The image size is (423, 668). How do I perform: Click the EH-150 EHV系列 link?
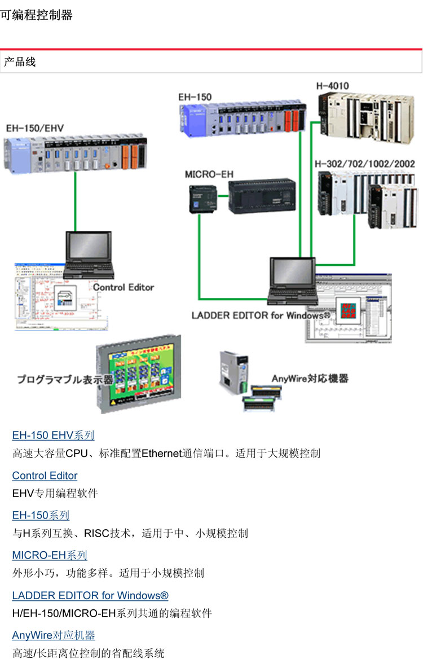click(53, 436)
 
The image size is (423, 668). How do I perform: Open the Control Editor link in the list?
click(45, 476)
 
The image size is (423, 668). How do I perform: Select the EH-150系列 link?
click(41, 515)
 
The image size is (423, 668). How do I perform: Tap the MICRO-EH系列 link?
click(50, 555)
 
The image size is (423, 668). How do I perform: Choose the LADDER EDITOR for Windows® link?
click(90, 595)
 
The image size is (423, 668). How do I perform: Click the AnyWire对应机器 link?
click(54, 635)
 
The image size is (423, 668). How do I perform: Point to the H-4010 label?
click(332, 86)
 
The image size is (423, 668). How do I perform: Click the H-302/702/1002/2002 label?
click(365, 164)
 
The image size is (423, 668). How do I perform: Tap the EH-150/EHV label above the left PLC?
click(35, 128)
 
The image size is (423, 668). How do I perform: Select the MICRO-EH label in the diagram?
click(209, 174)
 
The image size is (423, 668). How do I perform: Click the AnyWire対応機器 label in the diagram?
click(310, 378)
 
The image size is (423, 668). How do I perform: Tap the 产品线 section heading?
click(20, 61)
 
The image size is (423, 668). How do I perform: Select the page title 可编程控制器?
click(37, 15)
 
